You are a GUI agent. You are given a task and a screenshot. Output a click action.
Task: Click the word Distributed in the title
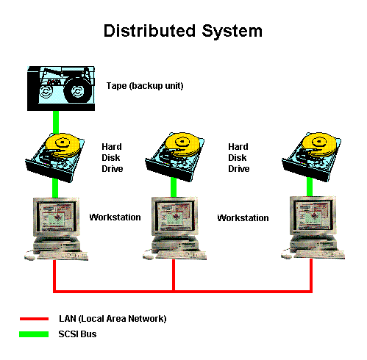pos(149,31)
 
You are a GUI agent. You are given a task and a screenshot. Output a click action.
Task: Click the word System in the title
pos(232,32)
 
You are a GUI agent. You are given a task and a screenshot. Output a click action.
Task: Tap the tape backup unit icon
pos(61,88)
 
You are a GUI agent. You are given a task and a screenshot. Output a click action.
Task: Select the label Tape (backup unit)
pos(145,86)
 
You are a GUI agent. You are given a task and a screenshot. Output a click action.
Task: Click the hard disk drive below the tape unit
pos(55,157)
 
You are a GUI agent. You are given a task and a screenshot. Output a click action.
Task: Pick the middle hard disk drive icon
pos(174,156)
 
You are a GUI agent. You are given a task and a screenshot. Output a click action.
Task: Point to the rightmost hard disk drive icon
pos(311,156)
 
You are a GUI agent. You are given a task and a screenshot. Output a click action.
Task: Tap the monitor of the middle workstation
pos(175,216)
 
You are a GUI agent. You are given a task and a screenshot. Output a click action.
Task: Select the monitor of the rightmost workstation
pos(313,215)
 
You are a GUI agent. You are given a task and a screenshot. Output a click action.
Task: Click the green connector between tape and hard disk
pos(56,123)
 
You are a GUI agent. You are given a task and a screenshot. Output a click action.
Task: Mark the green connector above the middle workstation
pos(174,187)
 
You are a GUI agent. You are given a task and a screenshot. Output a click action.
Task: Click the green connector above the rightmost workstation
pos(310,187)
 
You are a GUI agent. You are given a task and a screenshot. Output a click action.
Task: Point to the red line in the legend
pos(34,319)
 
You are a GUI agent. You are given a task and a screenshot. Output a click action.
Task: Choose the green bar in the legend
pos(34,334)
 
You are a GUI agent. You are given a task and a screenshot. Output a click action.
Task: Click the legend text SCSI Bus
pos(77,334)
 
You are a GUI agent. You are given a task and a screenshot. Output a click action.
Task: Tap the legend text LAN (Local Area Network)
pos(113,319)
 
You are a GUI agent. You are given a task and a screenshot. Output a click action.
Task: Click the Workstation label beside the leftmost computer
pos(115,217)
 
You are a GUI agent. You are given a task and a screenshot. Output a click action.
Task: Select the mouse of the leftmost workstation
pos(29,257)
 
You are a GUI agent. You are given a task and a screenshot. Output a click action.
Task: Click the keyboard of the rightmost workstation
pos(320,255)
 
